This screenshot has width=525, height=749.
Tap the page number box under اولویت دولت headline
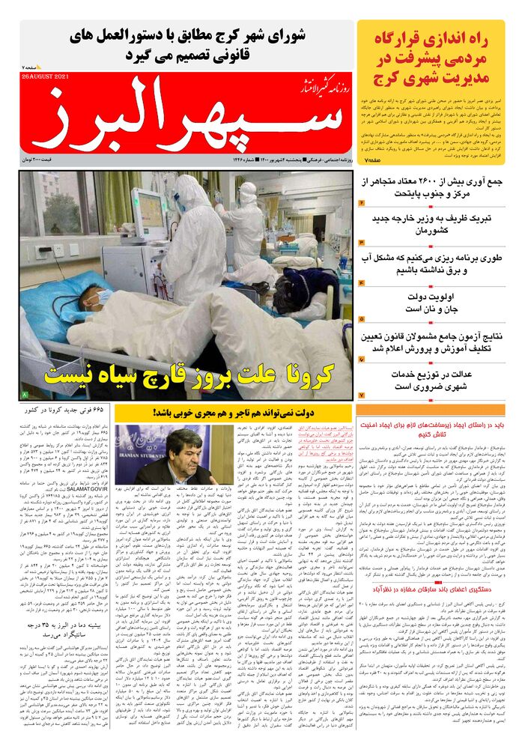(x=361, y=320)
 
